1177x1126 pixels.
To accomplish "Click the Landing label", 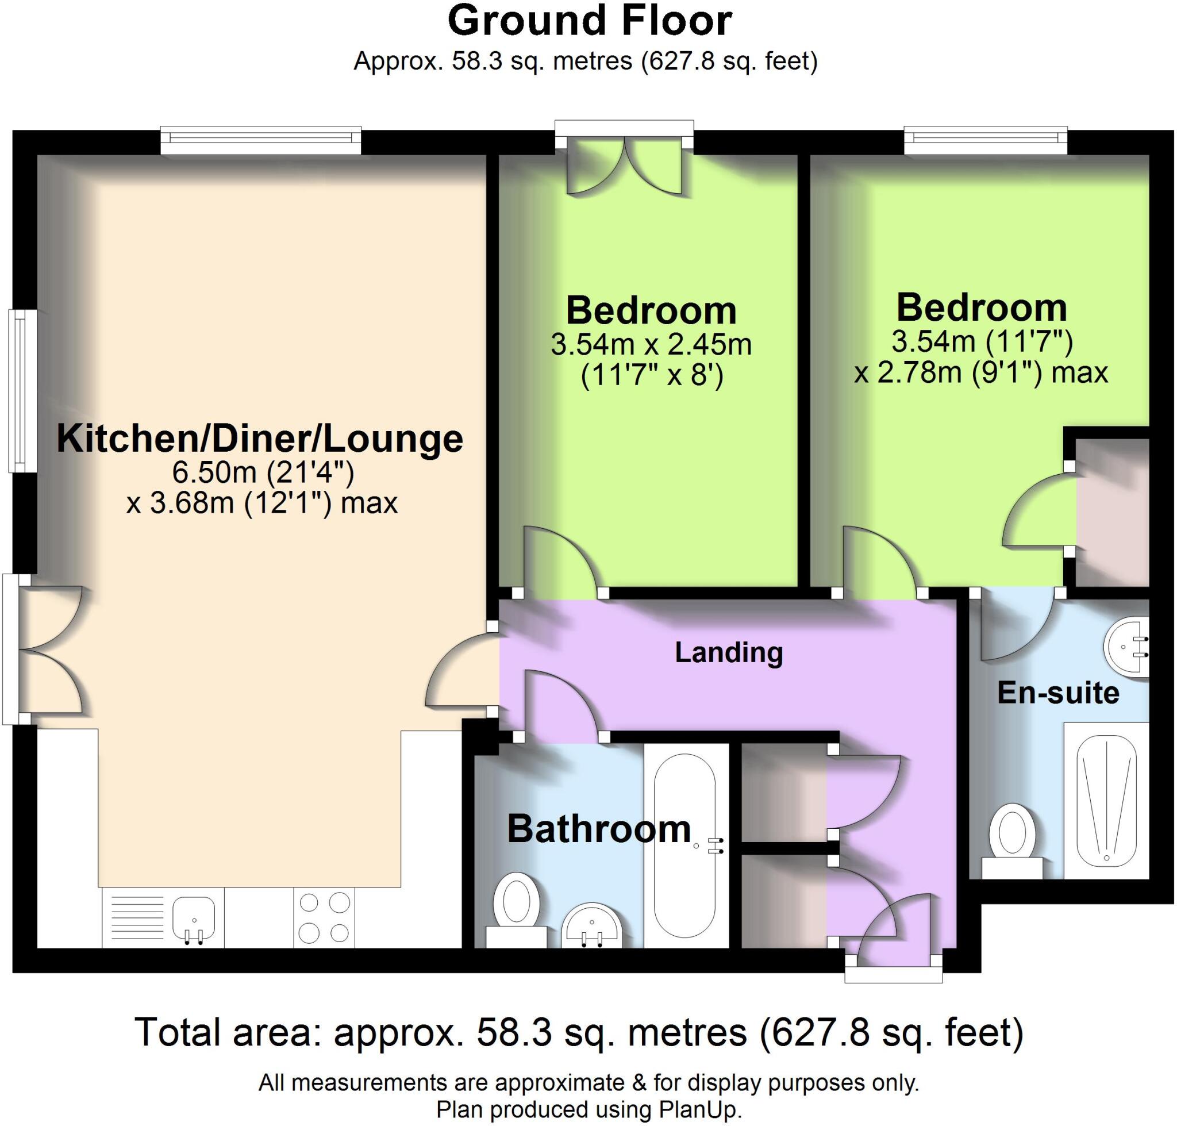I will click(728, 653).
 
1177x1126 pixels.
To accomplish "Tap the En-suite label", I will click(1057, 693).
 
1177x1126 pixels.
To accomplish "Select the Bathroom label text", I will click(598, 829).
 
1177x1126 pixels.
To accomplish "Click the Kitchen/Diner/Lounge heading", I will click(259, 439).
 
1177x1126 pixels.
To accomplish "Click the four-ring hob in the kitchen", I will click(324, 918).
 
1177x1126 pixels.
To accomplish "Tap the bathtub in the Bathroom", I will click(684, 845).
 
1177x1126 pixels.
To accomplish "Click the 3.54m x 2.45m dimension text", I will click(651, 345).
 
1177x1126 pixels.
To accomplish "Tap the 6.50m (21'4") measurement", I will click(263, 472).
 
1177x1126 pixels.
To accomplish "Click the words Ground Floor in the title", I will click(590, 22).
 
